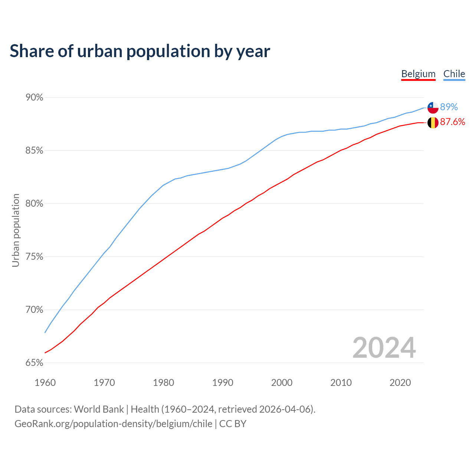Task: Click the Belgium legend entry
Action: [x=418, y=74]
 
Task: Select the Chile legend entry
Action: [x=454, y=74]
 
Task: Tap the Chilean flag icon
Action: [x=433, y=107]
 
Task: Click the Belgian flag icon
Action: [x=433, y=122]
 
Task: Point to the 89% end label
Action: [x=449, y=107]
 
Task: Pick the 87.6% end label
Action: [x=452, y=122]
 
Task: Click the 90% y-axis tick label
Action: [x=34, y=98]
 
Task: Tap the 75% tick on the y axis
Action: [x=34, y=257]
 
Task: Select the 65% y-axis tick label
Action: [x=34, y=363]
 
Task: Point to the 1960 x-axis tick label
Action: [x=45, y=383]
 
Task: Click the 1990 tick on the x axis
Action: [x=223, y=383]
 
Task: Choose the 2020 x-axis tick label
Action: [x=400, y=383]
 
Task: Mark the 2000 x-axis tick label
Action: [x=282, y=383]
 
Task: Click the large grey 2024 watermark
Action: [x=384, y=348]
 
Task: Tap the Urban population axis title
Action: [x=16, y=230]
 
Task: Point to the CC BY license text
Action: [x=233, y=424]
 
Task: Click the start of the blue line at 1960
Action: [x=45, y=332]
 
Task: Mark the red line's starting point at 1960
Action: [x=45, y=353]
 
